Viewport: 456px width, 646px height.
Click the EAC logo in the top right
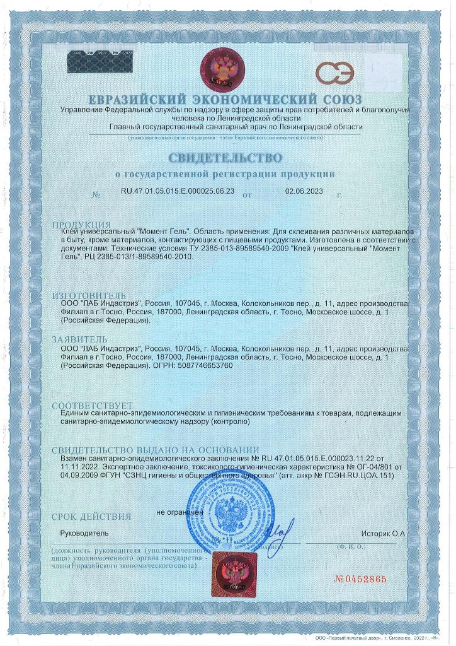coord(334,73)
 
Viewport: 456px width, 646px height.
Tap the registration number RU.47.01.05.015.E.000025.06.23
coord(178,190)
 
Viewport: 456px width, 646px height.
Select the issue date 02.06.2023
coord(304,190)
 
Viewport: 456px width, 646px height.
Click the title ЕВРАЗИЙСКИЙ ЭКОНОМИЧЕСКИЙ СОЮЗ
coord(225,100)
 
